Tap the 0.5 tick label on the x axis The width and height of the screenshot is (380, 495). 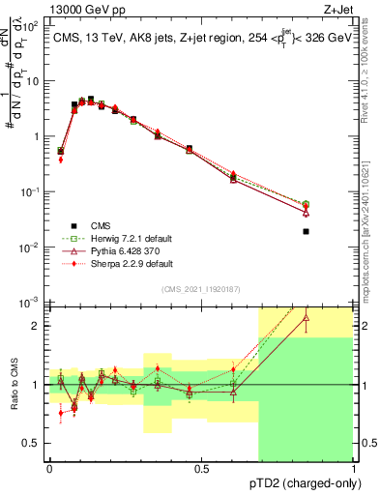202,468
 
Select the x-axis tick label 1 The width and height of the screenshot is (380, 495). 353,468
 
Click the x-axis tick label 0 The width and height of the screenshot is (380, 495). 50,468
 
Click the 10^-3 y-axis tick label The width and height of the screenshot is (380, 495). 29,304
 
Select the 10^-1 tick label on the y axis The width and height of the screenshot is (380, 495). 29,192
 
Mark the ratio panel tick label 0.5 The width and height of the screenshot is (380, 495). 33,444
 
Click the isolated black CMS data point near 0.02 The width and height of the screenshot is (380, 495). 333,231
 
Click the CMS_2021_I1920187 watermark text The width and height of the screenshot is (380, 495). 202,290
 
